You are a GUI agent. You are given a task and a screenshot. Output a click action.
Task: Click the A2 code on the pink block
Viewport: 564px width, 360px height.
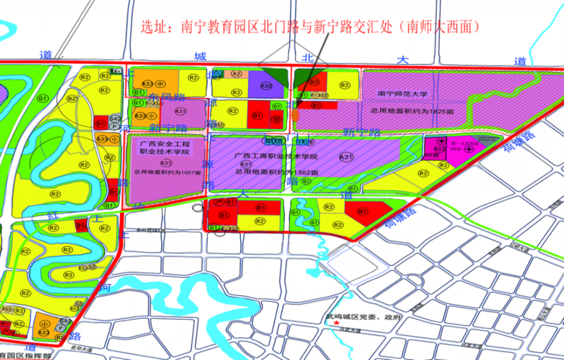(x=237, y=73)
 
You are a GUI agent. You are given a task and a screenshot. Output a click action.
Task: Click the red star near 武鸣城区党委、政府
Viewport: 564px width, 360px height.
(x=338, y=323)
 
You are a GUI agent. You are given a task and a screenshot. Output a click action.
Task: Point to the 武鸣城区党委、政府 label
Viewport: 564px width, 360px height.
(x=359, y=317)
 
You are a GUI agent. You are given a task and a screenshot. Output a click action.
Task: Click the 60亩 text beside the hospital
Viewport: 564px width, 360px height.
(x=433, y=154)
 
